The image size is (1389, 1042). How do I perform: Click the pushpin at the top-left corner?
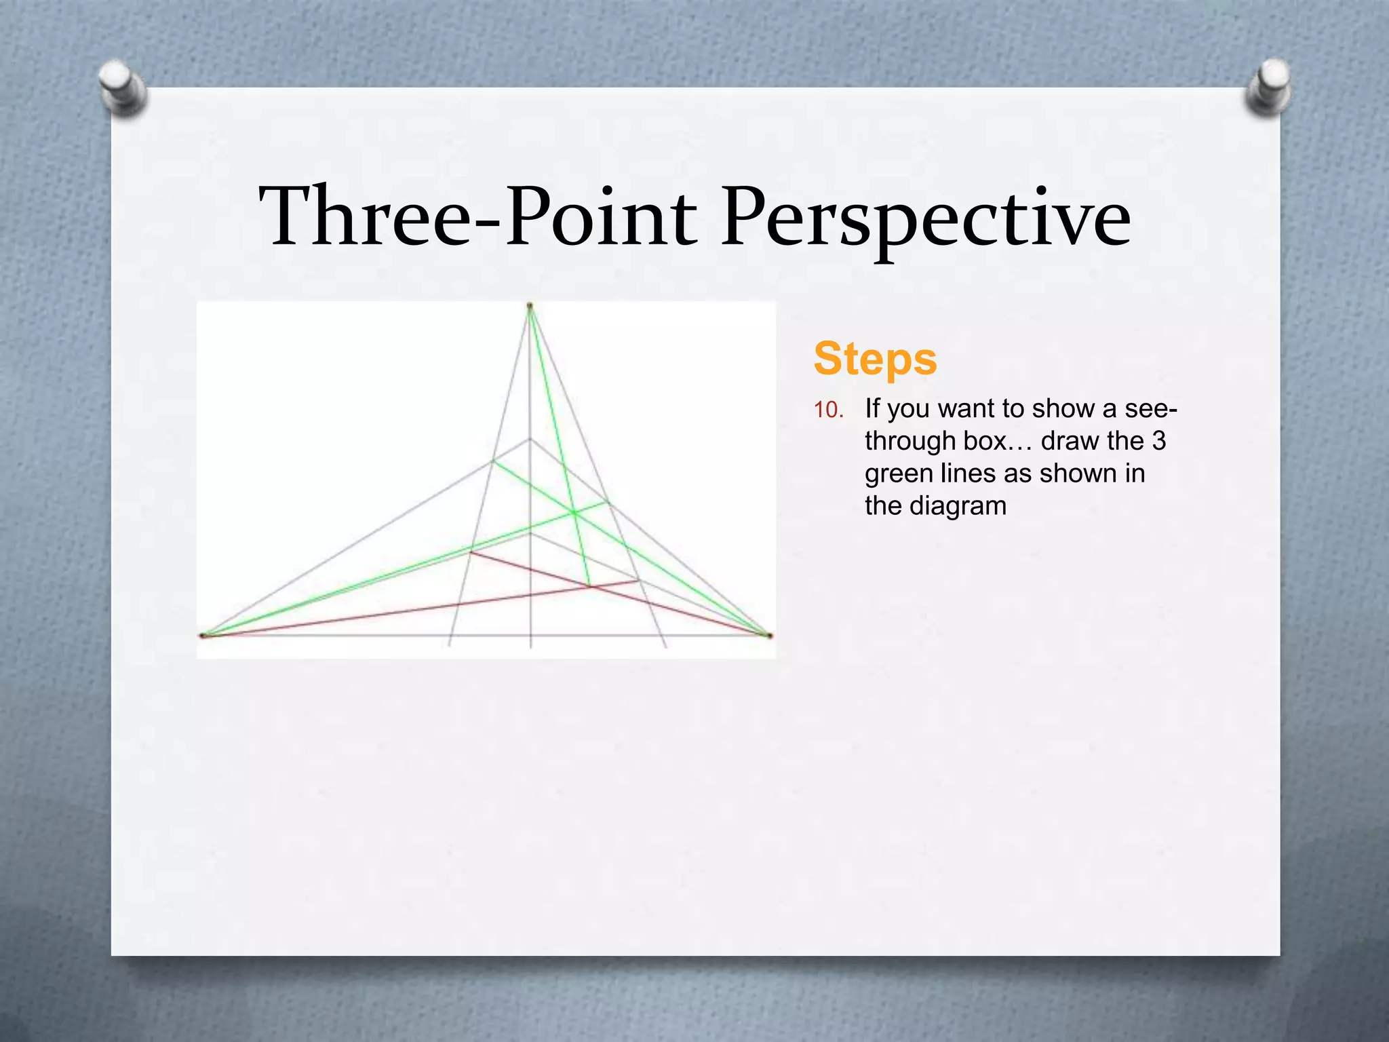(x=122, y=87)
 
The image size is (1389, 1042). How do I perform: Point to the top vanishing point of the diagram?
(x=530, y=307)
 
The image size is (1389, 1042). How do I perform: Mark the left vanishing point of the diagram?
(x=202, y=636)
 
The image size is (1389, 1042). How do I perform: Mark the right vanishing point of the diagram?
(x=770, y=636)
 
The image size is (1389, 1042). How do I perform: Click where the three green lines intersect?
(x=574, y=513)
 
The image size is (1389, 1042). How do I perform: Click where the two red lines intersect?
(x=590, y=587)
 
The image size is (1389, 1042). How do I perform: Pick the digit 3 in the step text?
(x=1158, y=442)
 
